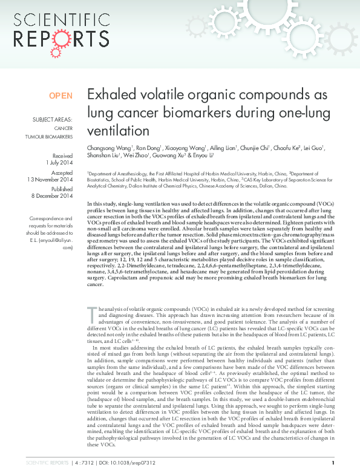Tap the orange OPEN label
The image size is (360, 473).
61,96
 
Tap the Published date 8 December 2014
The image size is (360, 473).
51,196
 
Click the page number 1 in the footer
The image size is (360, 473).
349,463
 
